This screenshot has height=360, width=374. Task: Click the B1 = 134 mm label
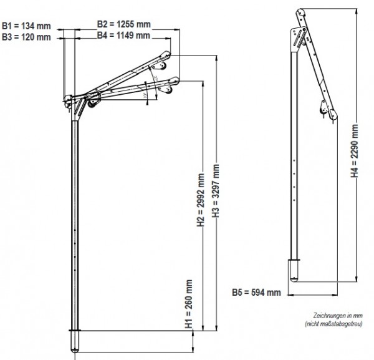[26, 26]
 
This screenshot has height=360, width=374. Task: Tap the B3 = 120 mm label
[26, 37]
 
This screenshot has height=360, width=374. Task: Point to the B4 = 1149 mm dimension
[123, 36]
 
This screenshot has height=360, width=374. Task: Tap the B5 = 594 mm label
[256, 292]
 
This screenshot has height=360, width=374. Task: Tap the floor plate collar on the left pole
[76, 329]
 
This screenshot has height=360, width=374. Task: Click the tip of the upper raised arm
[168, 54]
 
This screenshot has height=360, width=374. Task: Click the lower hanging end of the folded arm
[335, 116]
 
